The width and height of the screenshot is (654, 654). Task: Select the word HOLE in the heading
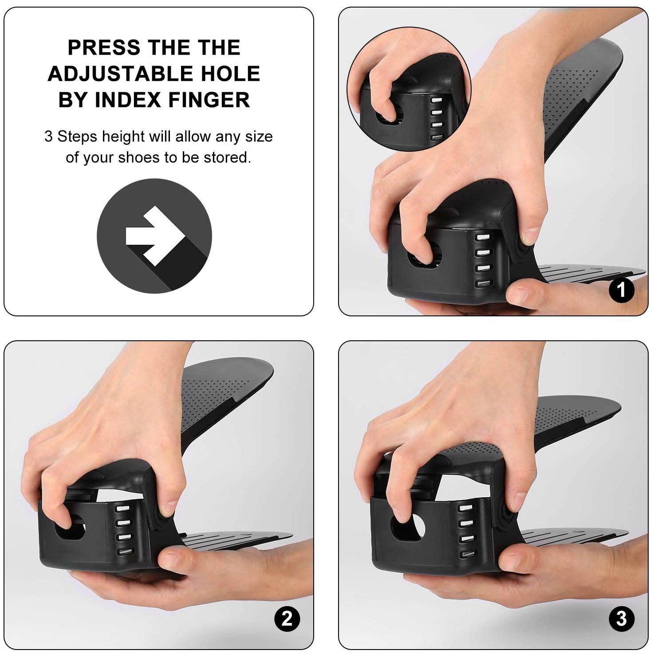click(230, 74)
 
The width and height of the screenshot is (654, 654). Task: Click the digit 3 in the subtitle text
click(48, 136)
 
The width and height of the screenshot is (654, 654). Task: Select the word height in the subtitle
click(123, 137)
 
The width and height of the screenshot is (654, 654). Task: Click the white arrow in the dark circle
click(155, 236)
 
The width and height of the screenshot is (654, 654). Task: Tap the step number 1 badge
click(622, 290)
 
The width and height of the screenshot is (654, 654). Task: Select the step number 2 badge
click(287, 619)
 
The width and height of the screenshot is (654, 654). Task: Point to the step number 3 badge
click(622, 619)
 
